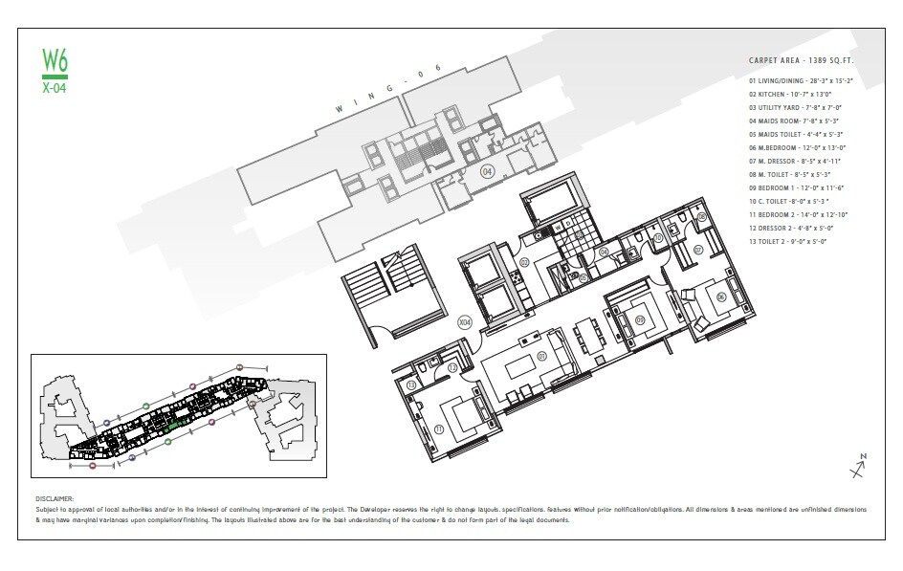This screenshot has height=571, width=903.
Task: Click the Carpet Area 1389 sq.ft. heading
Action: (x=800, y=60)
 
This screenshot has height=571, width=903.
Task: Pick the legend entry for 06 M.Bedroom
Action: (x=798, y=147)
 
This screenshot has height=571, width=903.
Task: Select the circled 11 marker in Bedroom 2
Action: (x=439, y=429)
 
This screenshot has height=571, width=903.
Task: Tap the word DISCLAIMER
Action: (x=54, y=498)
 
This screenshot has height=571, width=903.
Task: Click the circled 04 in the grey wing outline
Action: (x=487, y=173)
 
